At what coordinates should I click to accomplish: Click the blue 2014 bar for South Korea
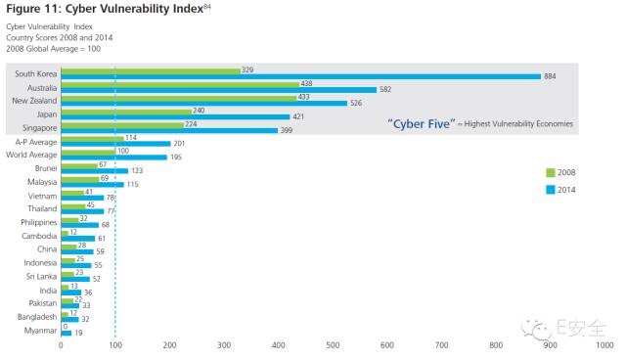pos(300,76)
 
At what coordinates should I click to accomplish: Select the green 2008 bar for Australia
pos(180,84)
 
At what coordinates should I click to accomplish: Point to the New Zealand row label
pos(35,101)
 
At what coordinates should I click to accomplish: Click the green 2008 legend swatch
pos(550,173)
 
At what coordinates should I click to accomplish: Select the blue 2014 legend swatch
pos(550,190)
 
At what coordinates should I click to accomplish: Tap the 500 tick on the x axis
pos(334,344)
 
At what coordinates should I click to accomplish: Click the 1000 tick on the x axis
pos(604,344)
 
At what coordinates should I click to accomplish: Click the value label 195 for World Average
pos(176,157)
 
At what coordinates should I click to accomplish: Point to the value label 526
pos(357,103)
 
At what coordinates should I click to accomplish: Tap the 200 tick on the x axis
pos(170,344)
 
